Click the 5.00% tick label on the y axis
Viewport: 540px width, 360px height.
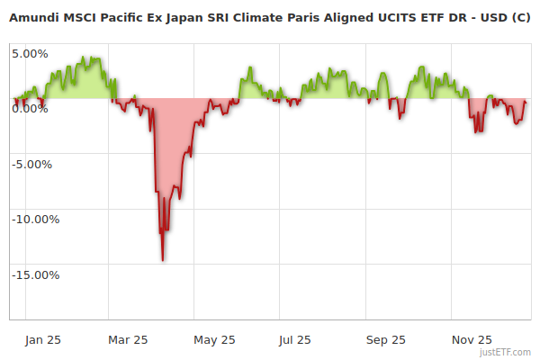(30, 53)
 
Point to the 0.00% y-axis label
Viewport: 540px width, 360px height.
(30, 109)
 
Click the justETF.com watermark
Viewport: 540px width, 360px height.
(506, 352)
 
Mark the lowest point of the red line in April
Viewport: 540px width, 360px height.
(163, 260)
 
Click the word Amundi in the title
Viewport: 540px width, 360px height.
(32, 17)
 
